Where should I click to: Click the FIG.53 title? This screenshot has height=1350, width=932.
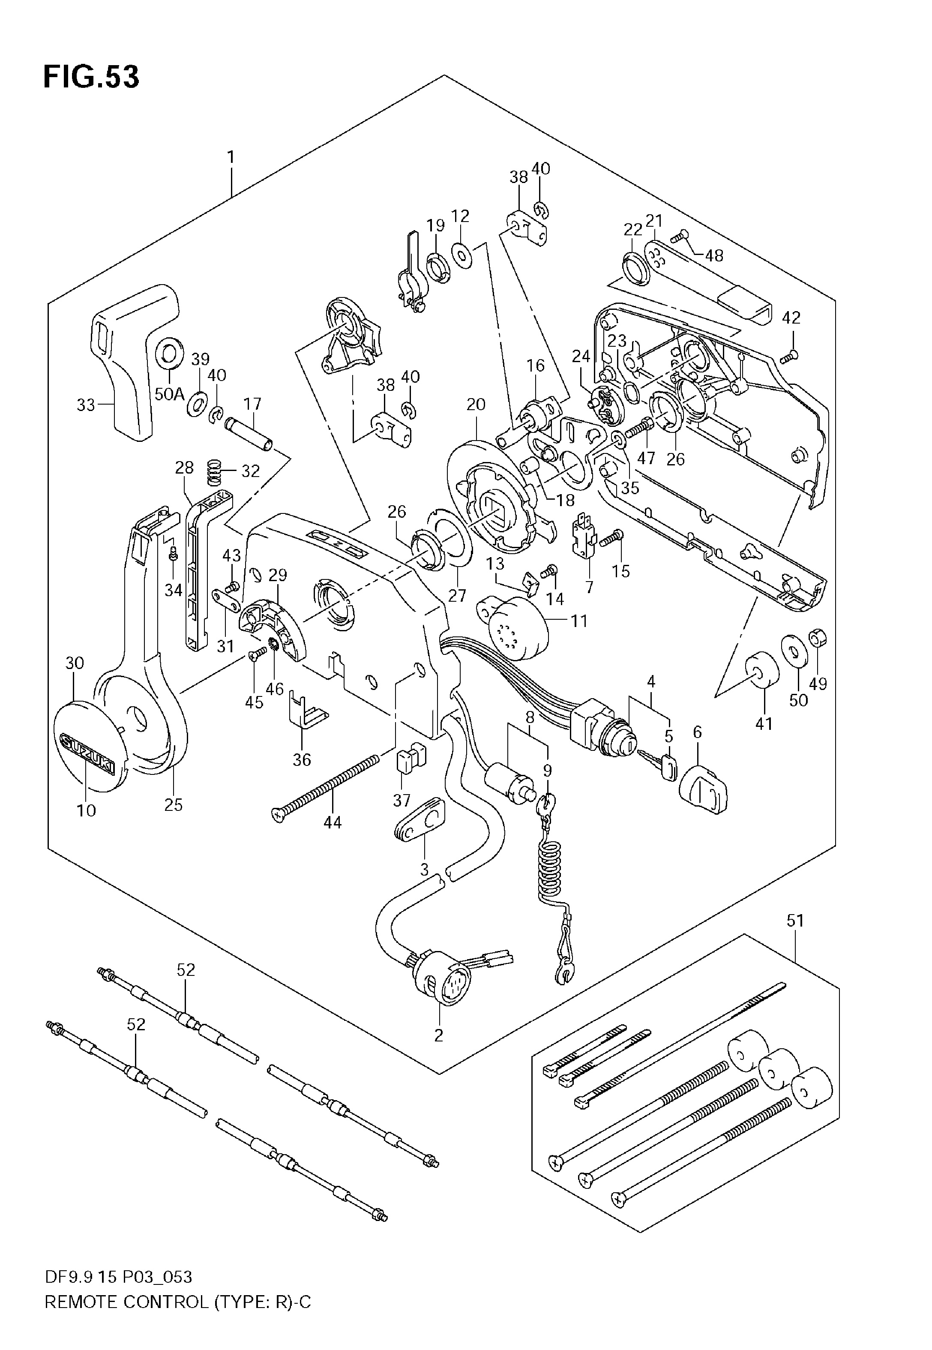91,76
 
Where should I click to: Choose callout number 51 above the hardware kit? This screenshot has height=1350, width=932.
795,921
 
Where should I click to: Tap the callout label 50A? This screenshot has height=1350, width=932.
169,394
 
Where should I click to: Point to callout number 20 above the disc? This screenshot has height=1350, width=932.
476,404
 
